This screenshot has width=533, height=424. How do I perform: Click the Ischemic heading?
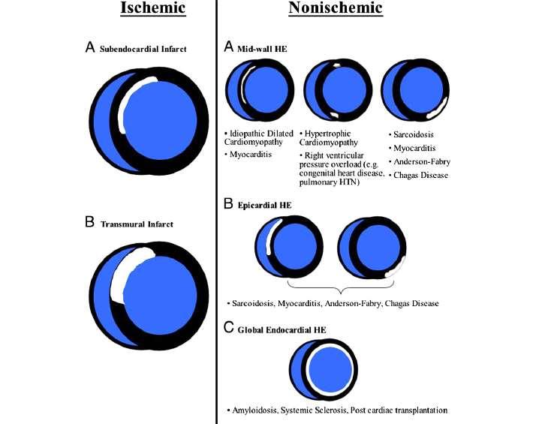[153, 8]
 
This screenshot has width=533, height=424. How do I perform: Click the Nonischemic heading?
[336, 8]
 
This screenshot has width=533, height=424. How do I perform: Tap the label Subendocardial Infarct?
[143, 49]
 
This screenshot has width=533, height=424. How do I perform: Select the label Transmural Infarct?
[137, 224]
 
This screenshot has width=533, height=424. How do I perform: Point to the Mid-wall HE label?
[262, 49]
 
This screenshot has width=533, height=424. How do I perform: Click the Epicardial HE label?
[264, 205]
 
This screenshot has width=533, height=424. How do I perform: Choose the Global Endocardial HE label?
[282, 330]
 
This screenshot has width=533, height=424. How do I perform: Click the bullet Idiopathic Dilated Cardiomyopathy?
[259, 137]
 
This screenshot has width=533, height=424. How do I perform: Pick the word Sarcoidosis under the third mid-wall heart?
[414, 134]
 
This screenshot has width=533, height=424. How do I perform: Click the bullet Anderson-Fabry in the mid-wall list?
[420, 161]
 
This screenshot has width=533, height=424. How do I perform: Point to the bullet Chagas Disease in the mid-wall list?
[418, 176]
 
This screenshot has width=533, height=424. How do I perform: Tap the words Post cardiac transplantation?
[399, 410]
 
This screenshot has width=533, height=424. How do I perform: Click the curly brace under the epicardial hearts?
[341, 288]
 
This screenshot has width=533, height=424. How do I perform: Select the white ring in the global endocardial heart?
[307, 370]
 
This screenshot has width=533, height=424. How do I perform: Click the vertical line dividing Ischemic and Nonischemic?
[216, 212]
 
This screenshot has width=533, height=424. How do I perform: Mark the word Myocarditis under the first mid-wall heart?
[251, 155]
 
